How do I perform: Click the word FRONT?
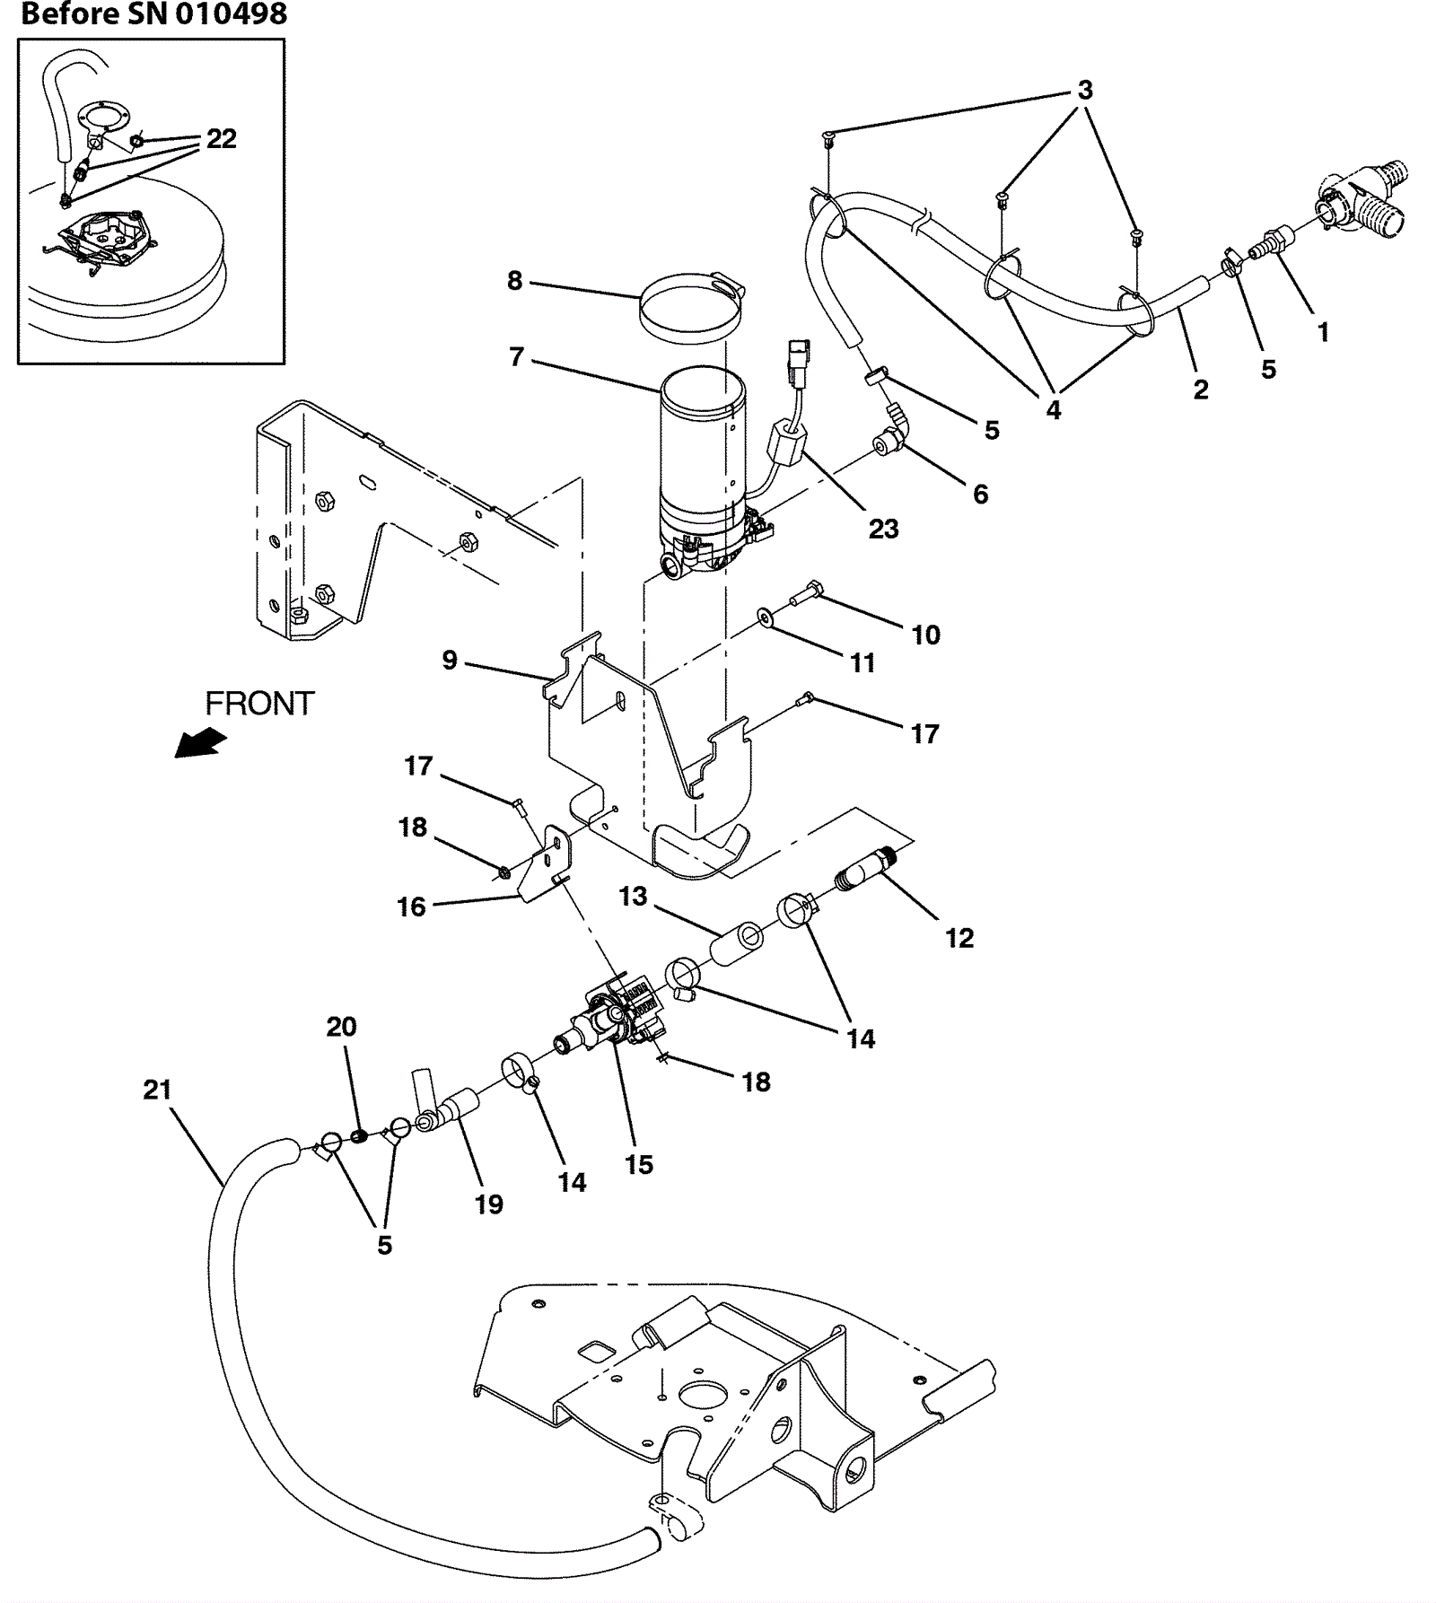point(259,704)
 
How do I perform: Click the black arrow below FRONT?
point(200,743)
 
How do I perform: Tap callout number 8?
point(514,281)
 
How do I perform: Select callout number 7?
point(516,357)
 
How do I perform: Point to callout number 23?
point(883,529)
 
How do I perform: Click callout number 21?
point(157,1090)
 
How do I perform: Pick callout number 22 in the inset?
point(222,139)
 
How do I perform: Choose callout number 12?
point(959,938)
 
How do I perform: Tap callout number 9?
point(450,661)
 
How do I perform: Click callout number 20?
point(341,1026)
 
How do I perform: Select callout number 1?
point(1323,332)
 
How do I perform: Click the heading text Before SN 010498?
point(153,13)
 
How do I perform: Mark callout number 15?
point(639,1164)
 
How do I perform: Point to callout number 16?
point(412,907)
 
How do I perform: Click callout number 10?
point(925,635)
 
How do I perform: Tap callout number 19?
point(489,1204)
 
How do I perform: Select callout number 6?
point(981,494)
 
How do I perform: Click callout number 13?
point(634,896)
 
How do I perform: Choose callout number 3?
point(1085,90)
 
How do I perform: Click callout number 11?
point(862,662)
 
